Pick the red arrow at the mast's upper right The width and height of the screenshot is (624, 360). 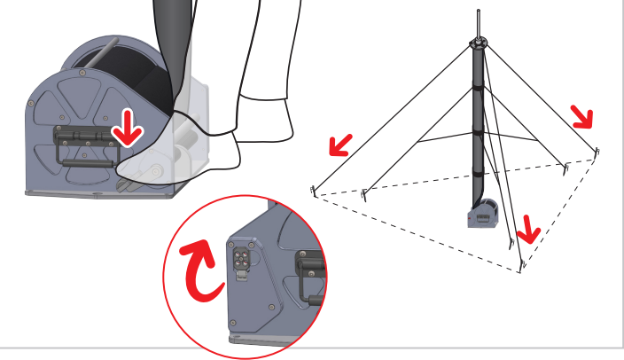click(x=581, y=115)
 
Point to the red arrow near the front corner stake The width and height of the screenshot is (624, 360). click(x=528, y=229)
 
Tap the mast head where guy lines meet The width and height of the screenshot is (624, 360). click(x=478, y=43)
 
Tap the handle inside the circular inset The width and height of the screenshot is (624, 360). click(x=309, y=278)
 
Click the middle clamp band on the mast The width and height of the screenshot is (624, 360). click(x=478, y=130)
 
